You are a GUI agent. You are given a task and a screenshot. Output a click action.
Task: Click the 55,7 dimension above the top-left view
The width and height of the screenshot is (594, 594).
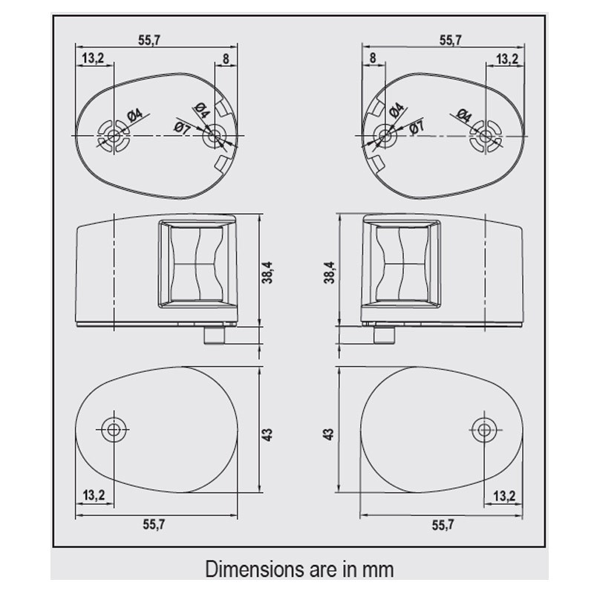pyautogui.click(x=149, y=40)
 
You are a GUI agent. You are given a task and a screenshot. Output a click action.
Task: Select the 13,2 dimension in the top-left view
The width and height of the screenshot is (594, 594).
pyautogui.click(x=93, y=58)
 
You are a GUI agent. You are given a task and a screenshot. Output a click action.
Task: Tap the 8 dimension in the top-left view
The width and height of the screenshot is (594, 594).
pyautogui.click(x=226, y=59)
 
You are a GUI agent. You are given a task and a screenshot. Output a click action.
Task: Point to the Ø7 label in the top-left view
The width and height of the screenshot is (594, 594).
pyautogui.click(x=182, y=128)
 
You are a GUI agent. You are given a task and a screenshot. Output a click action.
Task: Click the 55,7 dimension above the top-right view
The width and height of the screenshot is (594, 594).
pyautogui.click(x=451, y=40)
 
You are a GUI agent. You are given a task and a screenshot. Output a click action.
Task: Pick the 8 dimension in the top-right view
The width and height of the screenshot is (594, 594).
pyautogui.click(x=373, y=58)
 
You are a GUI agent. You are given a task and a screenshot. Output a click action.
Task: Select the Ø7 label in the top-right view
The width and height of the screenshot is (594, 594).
pyautogui.click(x=417, y=127)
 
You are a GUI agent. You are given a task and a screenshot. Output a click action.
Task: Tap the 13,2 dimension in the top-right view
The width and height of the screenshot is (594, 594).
pyautogui.click(x=507, y=59)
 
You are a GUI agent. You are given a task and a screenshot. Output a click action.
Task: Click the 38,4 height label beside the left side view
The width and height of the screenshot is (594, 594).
pyautogui.click(x=267, y=272)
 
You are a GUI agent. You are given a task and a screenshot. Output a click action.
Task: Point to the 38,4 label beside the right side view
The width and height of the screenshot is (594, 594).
pyautogui.click(x=329, y=272)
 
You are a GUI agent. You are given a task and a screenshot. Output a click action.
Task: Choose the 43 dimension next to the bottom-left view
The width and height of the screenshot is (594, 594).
pyautogui.click(x=267, y=434)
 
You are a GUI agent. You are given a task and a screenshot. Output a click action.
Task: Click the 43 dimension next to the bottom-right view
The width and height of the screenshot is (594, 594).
pyautogui.click(x=329, y=434)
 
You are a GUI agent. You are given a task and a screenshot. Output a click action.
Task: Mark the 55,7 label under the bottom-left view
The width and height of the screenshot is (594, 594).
pyautogui.click(x=154, y=524)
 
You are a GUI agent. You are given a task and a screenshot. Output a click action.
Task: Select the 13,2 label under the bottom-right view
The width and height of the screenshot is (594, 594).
pyautogui.click(x=505, y=495)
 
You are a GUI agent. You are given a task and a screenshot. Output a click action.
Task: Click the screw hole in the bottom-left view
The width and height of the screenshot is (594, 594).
pyautogui.click(x=113, y=430)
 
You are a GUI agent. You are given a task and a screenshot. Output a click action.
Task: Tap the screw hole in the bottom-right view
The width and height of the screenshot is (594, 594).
pyautogui.click(x=483, y=430)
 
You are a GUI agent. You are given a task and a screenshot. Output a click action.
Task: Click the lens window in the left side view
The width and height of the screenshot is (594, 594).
pyautogui.click(x=197, y=264)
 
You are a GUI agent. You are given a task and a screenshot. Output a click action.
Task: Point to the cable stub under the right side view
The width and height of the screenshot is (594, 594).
pyautogui.click(x=385, y=335)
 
